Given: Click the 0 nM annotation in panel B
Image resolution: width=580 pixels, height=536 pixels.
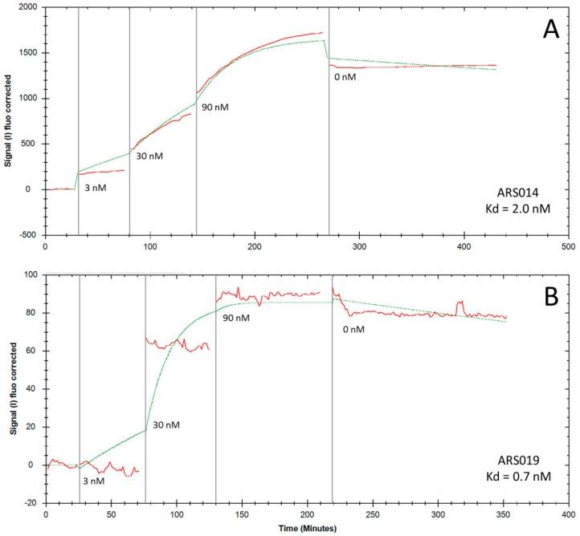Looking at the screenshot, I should [x=350, y=328].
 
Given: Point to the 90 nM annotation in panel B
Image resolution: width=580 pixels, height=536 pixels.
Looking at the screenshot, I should [x=235, y=319].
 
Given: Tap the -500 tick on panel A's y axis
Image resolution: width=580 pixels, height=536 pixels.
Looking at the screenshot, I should [x=29, y=235].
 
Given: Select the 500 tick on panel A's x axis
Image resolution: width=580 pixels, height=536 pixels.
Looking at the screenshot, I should [x=567, y=247].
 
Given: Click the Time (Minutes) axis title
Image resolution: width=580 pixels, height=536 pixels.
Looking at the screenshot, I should [x=306, y=529].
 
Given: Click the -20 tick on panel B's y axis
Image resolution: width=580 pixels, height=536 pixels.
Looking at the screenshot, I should [x=31, y=503].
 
